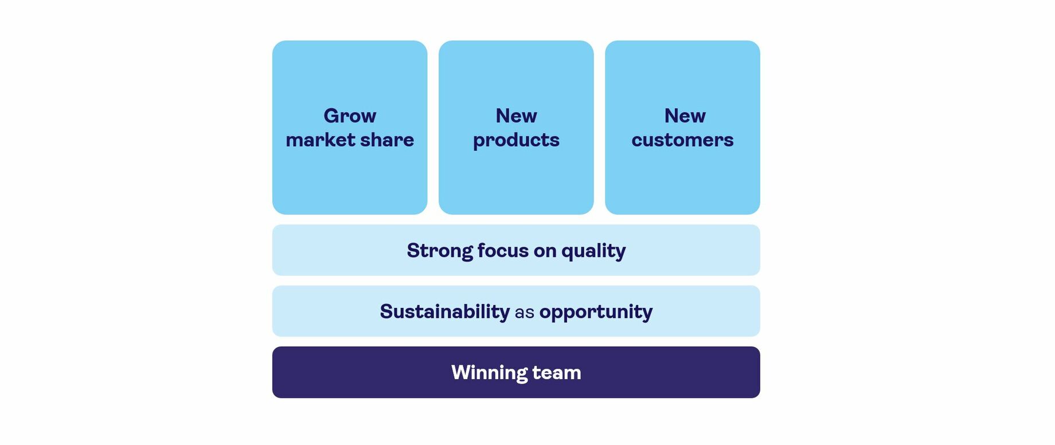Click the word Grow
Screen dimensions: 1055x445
tap(350, 116)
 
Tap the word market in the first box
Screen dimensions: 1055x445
tap(321, 140)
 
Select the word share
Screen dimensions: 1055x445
tap(387, 140)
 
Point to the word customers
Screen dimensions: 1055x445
tap(682, 140)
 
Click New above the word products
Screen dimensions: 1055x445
tap(516, 116)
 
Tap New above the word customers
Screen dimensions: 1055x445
tap(685, 116)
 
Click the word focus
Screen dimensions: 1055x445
tap(503, 251)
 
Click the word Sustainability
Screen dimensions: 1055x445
tap(444, 311)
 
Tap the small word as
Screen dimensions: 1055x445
tap(525, 313)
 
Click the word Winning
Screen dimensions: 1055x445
tap(489, 373)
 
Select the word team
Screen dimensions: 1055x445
tap(557, 373)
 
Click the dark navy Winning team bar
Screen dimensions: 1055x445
tap(516, 372)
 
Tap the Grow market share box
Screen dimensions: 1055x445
tap(350, 127)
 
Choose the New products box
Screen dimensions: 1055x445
tap(516, 127)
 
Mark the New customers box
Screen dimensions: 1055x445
tap(682, 127)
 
